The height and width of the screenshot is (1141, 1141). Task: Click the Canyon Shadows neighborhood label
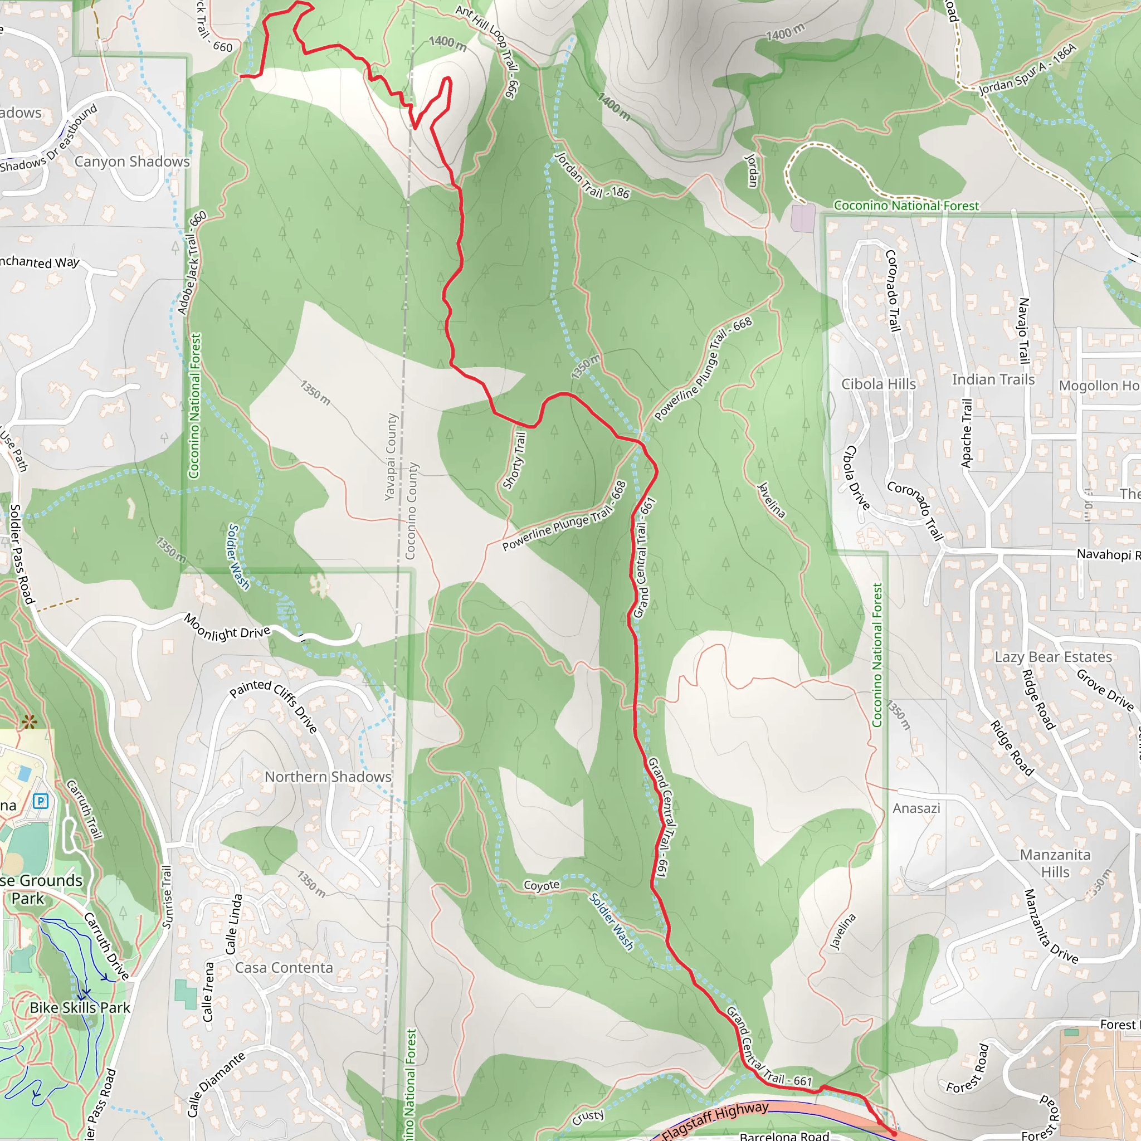131,161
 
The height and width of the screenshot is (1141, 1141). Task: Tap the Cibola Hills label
878,384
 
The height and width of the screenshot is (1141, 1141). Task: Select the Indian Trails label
993,379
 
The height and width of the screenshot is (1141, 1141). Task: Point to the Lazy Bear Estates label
1053,657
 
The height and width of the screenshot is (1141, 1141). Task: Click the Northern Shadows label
328,777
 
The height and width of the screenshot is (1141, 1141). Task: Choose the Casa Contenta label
284,967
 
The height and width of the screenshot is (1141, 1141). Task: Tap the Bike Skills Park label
80,1007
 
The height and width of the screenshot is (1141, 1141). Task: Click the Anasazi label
916,808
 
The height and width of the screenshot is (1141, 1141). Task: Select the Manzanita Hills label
1055,863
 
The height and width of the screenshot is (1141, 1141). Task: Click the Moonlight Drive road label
227,628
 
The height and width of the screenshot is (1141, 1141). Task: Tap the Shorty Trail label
514,461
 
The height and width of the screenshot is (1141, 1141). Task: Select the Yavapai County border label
391,456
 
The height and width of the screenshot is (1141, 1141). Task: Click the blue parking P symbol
41,801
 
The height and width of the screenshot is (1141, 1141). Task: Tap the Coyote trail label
541,885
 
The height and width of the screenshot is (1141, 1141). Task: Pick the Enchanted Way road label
40,262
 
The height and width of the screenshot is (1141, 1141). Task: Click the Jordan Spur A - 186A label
1027,70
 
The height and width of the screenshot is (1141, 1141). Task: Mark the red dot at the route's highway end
894,1133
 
